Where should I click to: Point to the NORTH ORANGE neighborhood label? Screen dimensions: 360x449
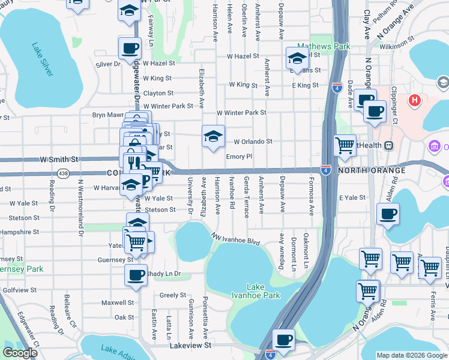(x=372, y=171)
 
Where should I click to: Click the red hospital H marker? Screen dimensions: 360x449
(x=414, y=99)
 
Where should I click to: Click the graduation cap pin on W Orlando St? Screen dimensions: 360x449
(x=214, y=136)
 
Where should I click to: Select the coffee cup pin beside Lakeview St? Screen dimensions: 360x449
(x=283, y=340)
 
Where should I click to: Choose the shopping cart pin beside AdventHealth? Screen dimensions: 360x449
(x=345, y=145)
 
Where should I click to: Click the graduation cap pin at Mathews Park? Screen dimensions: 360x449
(x=297, y=58)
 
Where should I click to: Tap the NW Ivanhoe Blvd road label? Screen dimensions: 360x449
(x=235, y=239)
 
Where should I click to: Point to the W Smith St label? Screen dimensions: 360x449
(x=59, y=160)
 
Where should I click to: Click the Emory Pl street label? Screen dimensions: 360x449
(x=238, y=157)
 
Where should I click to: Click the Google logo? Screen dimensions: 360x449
(x=19, y=352)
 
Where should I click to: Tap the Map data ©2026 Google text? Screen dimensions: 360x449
(x=411, y=355)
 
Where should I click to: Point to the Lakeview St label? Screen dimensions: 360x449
(x=190, y=346)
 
